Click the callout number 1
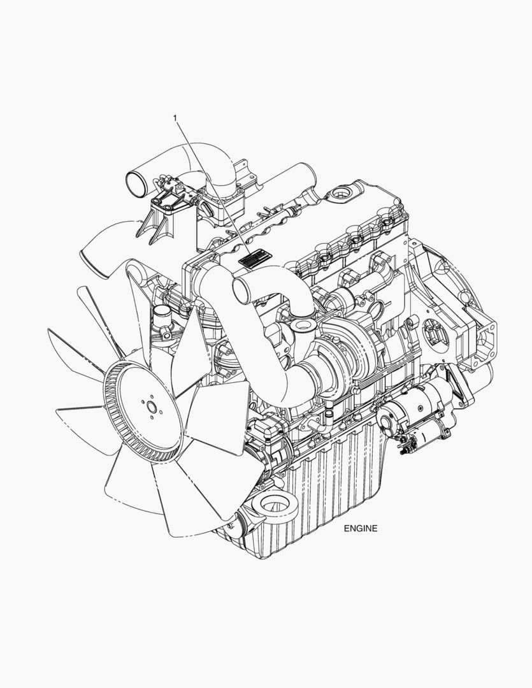[x=176, y=118]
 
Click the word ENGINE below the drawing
[x=361, y=528]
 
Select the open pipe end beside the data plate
[x=241, y=290]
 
